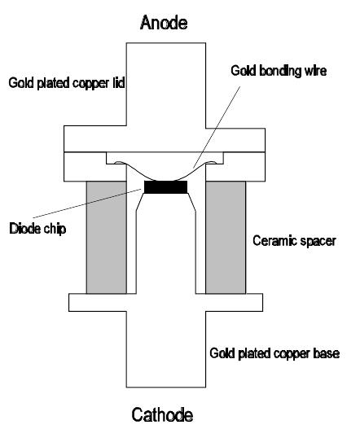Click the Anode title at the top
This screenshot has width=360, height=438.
(164, 23)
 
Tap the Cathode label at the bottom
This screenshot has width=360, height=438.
(162, 415)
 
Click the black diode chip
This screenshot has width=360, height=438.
(165, 187)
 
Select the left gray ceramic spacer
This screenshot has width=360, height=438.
(107, 238)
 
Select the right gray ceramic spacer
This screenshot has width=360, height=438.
(226, 238)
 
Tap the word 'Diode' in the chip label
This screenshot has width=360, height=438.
(25, 229)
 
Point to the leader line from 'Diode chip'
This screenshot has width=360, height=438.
(87, 203)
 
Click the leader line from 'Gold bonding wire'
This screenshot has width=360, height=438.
(217, 127)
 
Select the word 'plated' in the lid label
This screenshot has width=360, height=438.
(54, 84)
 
